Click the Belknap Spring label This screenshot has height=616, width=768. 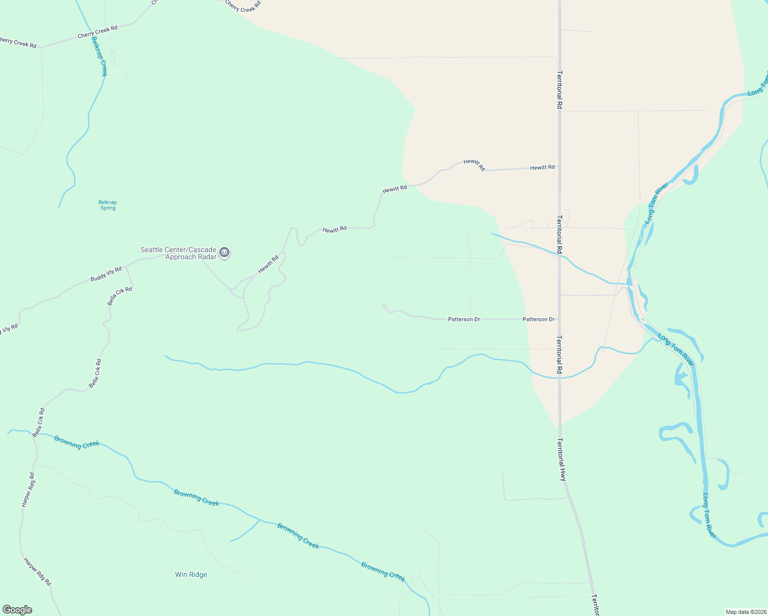pyautogui.click(x=108, y=205)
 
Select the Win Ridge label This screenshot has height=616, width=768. pyautogui.click(x=191, y=574)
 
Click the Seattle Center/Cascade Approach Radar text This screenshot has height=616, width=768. pyautogui.click(x=179, y=253)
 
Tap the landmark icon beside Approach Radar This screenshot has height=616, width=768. pyautogui.click(x=224, y=252)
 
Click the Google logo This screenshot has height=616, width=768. pyautogui.click(x=17, y=610)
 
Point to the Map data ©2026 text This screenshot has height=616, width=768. pyautogui.click(x=745, y=612)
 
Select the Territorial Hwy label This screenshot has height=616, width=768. pyautogui.click(x=562, y=459)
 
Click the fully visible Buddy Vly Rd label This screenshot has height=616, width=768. pyautogui.click(x=106, y=274)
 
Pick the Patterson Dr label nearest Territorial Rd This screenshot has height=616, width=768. pyautogui.click(x=539, y=319)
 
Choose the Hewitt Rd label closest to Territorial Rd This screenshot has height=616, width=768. pyautogui.click(x=542, y=167)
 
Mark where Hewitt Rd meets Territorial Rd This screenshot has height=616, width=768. pyautogui.click(x=560, y=167)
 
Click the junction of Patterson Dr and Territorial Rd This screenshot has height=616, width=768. pyautogui.click(x=560, y=319)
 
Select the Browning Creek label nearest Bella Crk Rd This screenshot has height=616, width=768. pyautogui.click(x=76, y=442)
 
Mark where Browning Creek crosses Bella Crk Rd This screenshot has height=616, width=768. pyautogui.click(x=35, y=434)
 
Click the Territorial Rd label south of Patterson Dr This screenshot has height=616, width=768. pyautogui.click(x=560, y=355)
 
